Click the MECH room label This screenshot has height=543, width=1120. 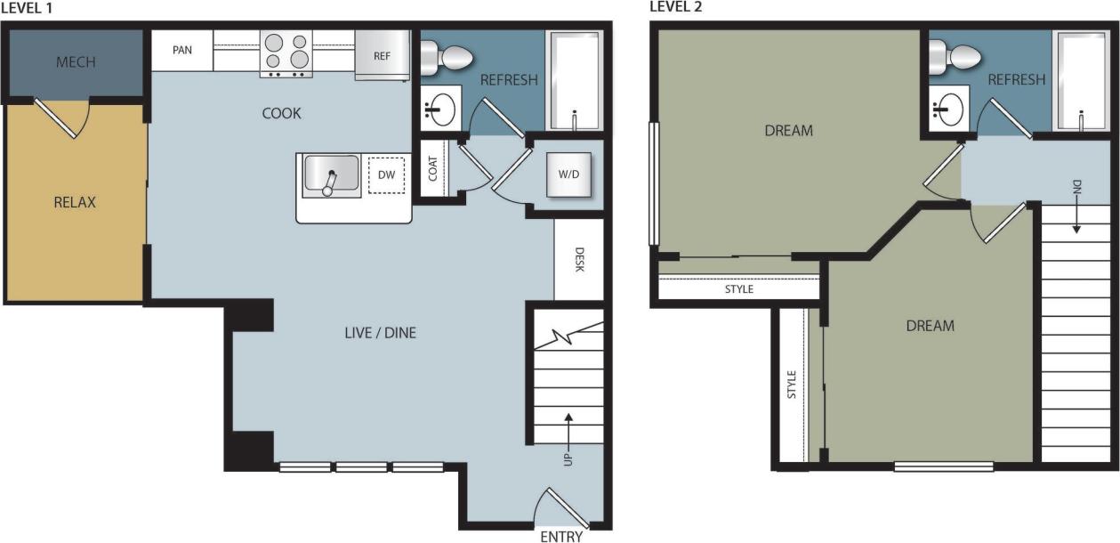[76, 62]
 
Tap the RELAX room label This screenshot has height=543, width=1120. [75, 202]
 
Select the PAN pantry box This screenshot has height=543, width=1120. [182, 50]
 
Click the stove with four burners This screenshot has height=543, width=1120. [286, 53]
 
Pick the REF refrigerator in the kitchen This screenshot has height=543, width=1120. [382, 55]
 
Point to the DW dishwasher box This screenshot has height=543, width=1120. [386, 175]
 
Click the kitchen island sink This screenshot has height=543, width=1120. [331, 175]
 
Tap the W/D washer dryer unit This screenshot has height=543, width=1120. [568, 174]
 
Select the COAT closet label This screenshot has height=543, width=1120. [433, 169]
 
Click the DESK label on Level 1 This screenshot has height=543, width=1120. [579, 260]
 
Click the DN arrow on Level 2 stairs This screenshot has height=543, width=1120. [1076, 205]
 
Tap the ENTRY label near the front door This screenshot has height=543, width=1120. [561, 536]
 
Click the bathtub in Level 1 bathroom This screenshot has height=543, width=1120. [575, 80]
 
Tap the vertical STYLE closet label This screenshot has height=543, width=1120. [792, 385]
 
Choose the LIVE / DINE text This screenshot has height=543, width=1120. [380, 334]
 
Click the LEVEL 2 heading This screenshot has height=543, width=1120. [676, 7]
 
